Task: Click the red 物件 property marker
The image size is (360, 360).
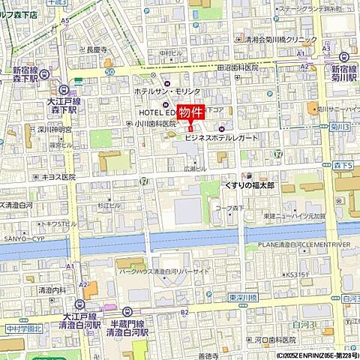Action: tap(191, 113)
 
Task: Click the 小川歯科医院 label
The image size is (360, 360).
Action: tap(155, 124)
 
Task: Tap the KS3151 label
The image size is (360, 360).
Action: tap(297, 274)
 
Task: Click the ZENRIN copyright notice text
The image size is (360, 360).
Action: tap(315, 355)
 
